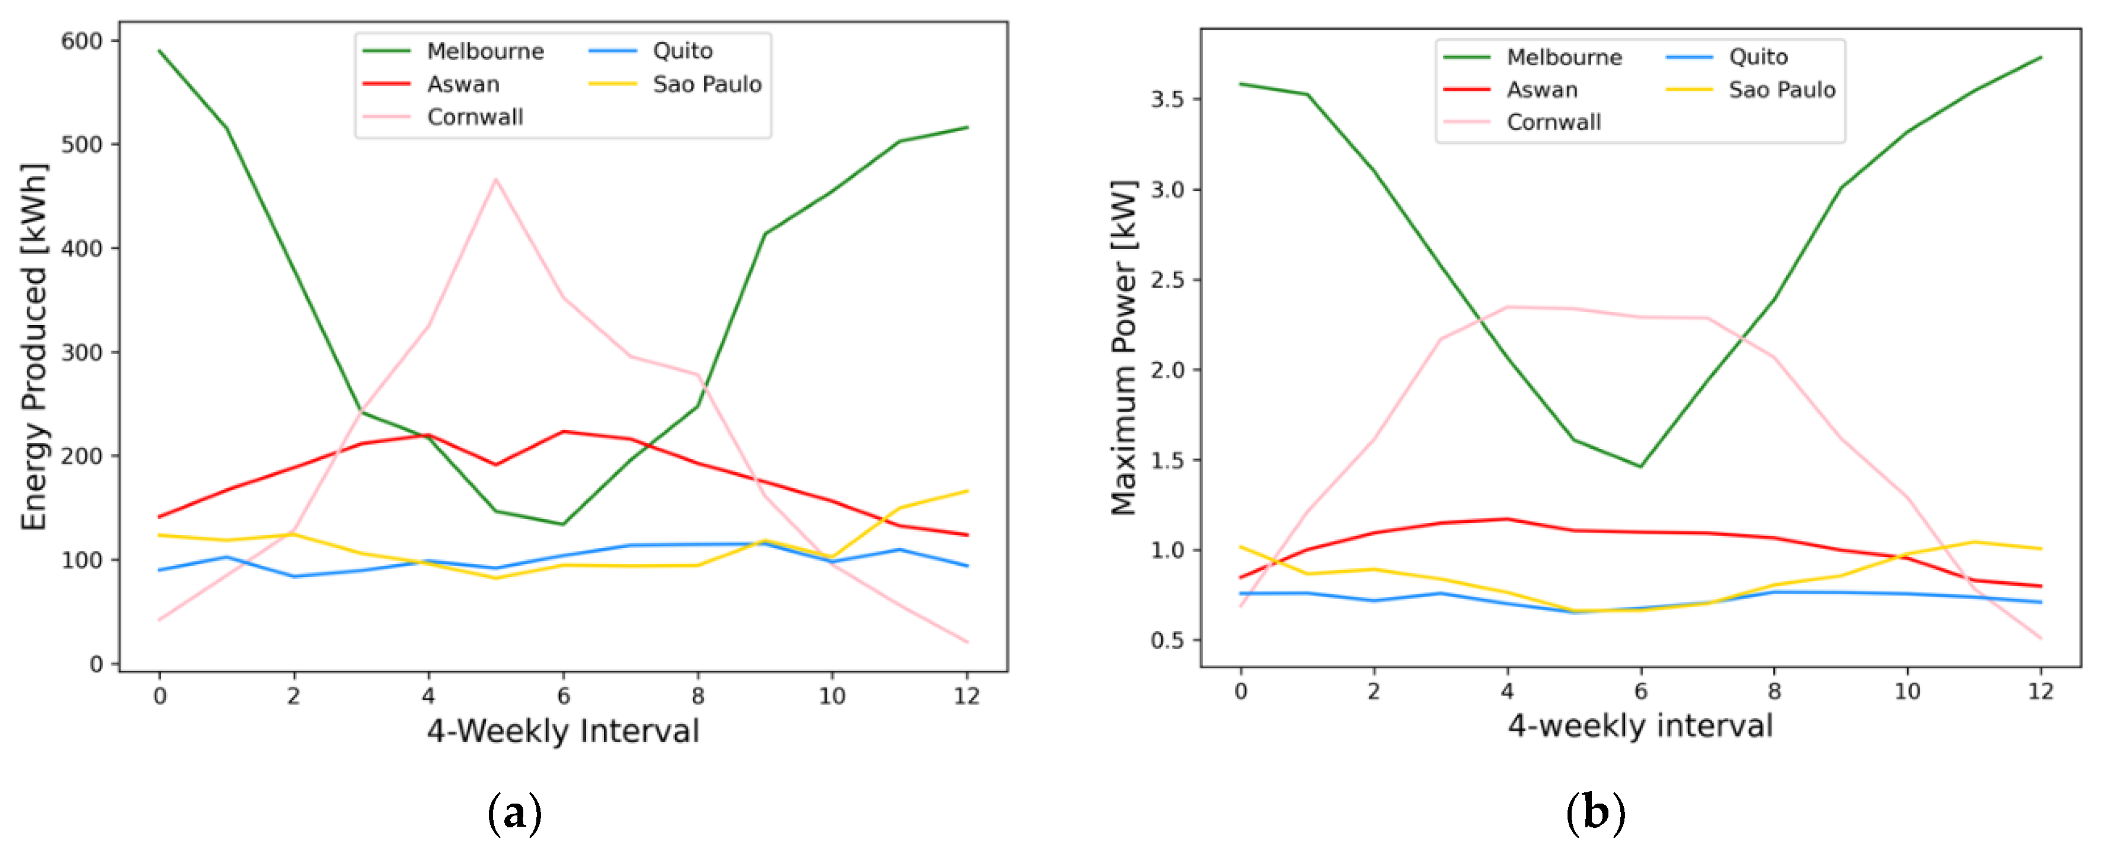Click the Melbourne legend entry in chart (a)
(x=484, y=52)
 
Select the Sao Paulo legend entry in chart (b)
(x=1781, y=90)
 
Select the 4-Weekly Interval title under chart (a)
(x=563, y=731)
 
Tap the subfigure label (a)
(x=515, y=813)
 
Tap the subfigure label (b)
(x=1595, y=813)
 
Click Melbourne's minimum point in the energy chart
(x=563, y=524)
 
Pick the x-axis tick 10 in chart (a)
(x=832, y=696)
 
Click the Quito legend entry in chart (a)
(x=682, y=52)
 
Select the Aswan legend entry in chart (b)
(x=1541, y=90)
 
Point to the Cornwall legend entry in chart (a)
(x=475, y=117)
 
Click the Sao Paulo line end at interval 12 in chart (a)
(x=967, y=491)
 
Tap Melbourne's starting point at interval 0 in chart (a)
(x=159, y=51)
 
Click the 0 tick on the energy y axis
(x=97, y=664)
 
